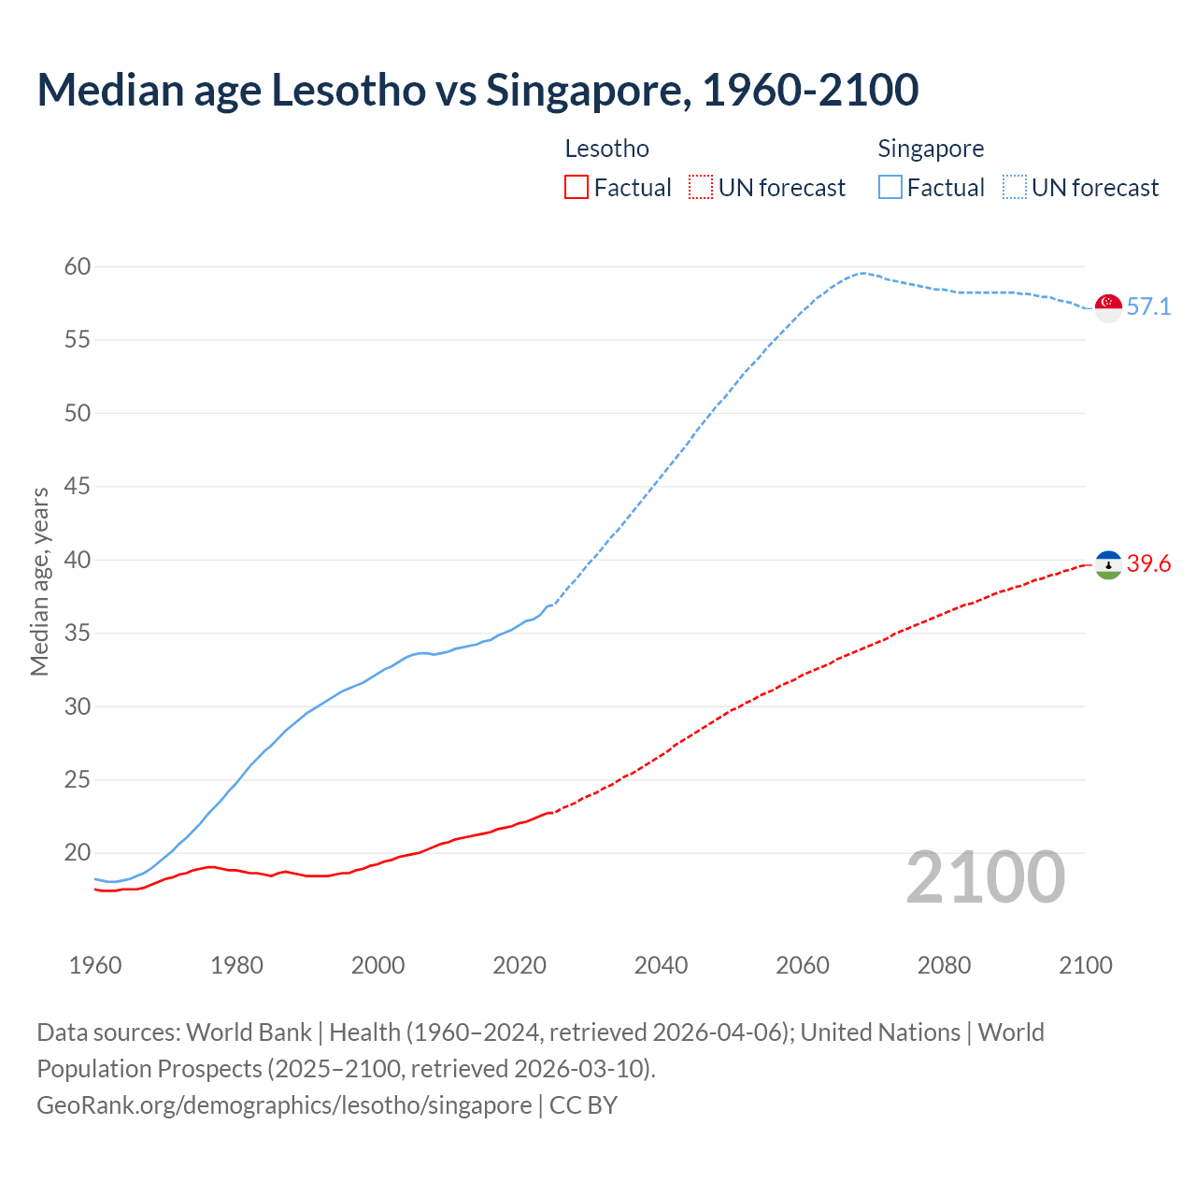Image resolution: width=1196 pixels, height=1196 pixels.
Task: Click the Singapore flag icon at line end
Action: [x=1108, y=307]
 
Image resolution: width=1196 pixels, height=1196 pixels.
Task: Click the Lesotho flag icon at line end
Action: [x=1108, y=564]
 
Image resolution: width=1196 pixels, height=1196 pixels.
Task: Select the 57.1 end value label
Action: [x=1148, y=307]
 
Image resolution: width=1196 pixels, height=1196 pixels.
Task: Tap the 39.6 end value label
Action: [x=1148, y=564]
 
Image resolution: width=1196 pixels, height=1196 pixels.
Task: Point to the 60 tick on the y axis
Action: [x=78, y=267]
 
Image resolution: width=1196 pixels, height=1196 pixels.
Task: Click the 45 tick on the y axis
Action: [x=78, y=487]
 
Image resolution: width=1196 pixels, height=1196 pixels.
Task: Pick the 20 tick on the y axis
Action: [x=78, y=853]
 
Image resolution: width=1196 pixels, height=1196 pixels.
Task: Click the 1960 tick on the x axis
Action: [x=95, y=965]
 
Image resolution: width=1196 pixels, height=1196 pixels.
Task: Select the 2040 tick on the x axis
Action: [x=661, y=965]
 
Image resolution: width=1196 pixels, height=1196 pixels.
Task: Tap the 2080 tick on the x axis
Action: [x=944, y=965]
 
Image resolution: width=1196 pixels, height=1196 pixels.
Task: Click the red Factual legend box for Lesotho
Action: [x=577, y=188]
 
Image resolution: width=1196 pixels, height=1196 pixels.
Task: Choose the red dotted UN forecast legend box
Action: [x=701, y=188]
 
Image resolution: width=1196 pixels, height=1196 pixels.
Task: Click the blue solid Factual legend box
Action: [x=890, y=188]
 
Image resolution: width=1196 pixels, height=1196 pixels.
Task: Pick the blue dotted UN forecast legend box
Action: [x=1014, y=188]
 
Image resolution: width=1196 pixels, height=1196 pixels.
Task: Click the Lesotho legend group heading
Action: [x=606, y=149]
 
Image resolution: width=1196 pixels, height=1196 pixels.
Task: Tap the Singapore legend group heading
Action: [x=931, y=149]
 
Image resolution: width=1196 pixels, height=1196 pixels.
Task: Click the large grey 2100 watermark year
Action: [x=986, y=877]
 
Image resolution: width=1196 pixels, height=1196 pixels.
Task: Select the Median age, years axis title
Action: [x=39, y=581]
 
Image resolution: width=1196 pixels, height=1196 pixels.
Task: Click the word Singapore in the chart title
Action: [x=588, y=90]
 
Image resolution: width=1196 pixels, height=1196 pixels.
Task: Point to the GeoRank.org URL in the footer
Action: [x=284, y=1105]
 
